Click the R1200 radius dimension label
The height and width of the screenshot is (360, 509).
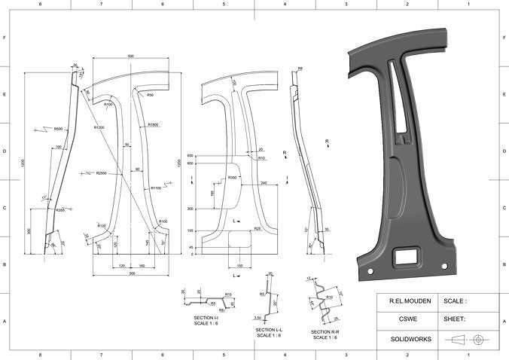click(99, 128)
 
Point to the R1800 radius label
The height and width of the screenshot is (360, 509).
click(153, 124)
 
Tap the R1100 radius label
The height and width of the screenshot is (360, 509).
click(156, 188)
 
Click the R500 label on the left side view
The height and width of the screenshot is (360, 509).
click(58, 129)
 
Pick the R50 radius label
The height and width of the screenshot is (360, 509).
click(151, 96)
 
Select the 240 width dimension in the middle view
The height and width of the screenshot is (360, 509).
click(264, 183)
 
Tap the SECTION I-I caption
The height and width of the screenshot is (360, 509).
click(206, 318)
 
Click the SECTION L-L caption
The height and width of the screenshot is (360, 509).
click(269, 330)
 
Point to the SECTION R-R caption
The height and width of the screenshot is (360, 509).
click(325, 331)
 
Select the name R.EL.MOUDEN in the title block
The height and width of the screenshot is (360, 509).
click(410, 301)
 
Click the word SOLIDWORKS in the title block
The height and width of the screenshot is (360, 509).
click(410, 339)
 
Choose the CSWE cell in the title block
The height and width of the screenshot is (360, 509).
click(410, 319)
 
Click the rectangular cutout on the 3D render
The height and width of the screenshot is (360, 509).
click(407, 255)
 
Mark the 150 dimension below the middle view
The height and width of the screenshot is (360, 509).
click(239, 266)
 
